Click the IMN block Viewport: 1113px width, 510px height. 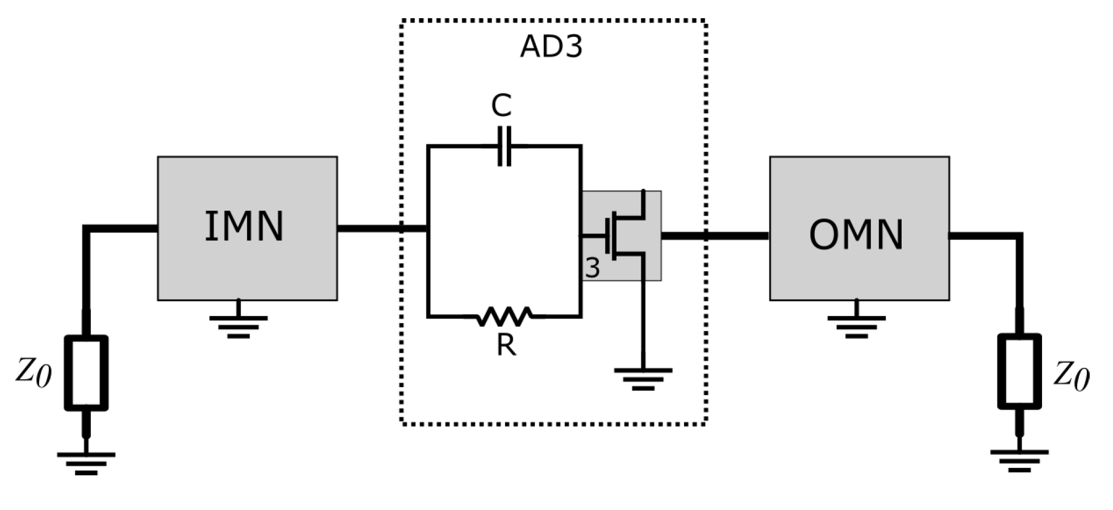pos(247,228)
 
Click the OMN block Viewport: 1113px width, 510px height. pos(858,228)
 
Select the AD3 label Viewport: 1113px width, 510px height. pos(551,47)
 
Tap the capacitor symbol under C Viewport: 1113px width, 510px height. pos(504,147)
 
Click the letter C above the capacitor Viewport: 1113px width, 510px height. pos(501,106)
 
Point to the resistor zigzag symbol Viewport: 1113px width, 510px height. pos(505,316)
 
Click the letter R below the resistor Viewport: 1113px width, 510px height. pos(506,345)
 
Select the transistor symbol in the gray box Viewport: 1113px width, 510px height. pos(625,235)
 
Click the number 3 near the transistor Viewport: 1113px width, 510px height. pos(592,268)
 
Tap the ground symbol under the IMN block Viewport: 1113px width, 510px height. pos(238,325)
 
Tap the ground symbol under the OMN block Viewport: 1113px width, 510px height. pos(856,325)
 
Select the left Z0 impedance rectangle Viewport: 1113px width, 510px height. pos(86,372)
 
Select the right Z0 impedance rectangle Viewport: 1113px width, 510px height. pos(1019,371)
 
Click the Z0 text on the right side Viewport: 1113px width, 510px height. pos(1072,376)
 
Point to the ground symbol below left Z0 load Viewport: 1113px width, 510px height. pos(86,462)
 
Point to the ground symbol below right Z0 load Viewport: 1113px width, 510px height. pos(1019,460)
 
